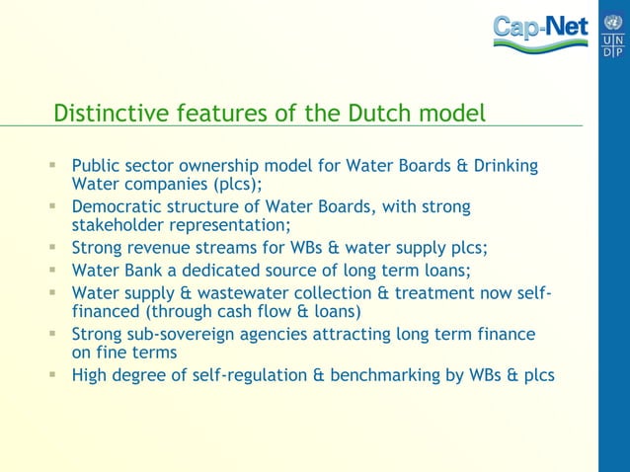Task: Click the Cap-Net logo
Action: point(540,31)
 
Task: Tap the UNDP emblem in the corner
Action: point(612,34)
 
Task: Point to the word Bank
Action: point(143,270)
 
